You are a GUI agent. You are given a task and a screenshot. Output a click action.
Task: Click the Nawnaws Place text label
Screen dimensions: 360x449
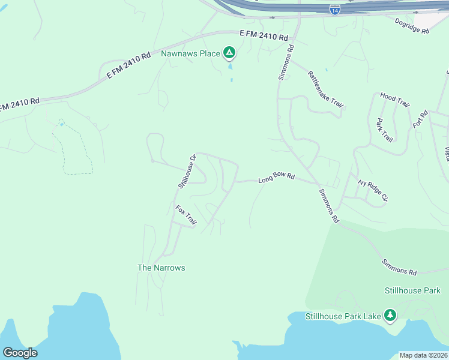click(190, 53)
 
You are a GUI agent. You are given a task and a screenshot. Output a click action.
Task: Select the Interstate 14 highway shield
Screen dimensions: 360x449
click(335, 10)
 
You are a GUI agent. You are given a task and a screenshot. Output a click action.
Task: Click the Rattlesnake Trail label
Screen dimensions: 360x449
click(325, 89)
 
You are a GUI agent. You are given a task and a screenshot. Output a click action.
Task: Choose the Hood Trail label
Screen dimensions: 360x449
click(395, 100)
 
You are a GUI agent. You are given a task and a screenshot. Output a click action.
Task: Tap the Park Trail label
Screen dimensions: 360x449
click(384, 130)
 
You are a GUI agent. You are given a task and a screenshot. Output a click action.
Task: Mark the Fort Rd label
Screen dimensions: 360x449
click(420, 119)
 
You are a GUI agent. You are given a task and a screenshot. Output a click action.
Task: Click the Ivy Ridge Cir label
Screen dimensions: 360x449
click(373, 190)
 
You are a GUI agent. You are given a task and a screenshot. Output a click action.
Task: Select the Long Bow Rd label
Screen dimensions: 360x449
click(277, 178)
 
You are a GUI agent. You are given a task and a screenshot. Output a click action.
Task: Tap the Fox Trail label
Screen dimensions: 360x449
click(186, 216)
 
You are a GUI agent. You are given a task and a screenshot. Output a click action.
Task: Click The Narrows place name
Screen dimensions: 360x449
click(161, 268)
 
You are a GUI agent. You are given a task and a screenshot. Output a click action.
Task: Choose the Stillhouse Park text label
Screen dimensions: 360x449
click(412, 290)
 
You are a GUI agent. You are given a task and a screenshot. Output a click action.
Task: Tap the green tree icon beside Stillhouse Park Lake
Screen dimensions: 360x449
click(390, 316)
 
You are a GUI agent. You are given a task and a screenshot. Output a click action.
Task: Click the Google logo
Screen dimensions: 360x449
click(20, 353)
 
